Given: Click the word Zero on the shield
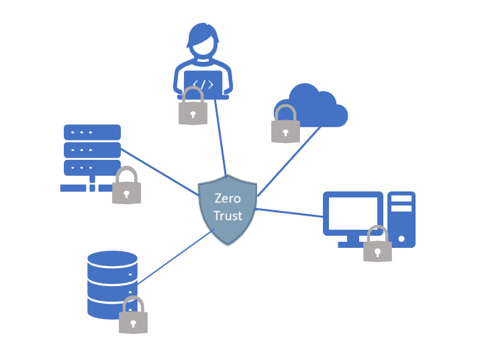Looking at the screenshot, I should pos(228,199).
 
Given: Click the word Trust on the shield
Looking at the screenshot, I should pos(228,216).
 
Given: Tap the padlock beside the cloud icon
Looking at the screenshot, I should pos(285,126).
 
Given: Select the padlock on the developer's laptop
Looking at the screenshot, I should pos(193,109).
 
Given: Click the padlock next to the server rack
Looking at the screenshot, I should pos(126,187).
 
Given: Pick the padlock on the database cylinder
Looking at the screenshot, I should pos(133,317).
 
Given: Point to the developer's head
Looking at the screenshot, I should pos(203,42).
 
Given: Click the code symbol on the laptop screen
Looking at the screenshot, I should pos(203,85).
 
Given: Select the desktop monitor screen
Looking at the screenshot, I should pos(352,213).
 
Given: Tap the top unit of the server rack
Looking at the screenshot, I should pos(92,132).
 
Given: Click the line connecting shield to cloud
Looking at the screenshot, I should pos(289,161).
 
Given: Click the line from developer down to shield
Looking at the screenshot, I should pos(221,138).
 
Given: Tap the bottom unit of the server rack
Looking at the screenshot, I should pos(92,167).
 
